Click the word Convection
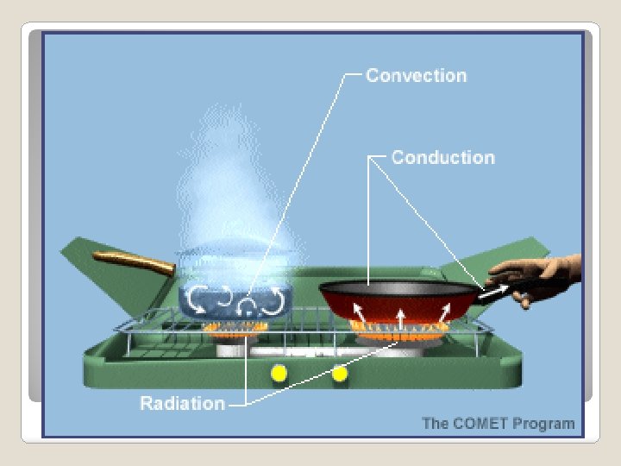(x=416, y=76)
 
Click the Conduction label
(x=442, y=158)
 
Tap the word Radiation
(x=182, y=404)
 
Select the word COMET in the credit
(x=480, y=424)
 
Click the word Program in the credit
(x=543, y=424)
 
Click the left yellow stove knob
(x=278, y=374)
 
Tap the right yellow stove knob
(x=340, y=374)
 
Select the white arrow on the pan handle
(x=492, y=292)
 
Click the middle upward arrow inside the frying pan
(x=400, y=318)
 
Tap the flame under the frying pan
(x=398, y=332)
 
